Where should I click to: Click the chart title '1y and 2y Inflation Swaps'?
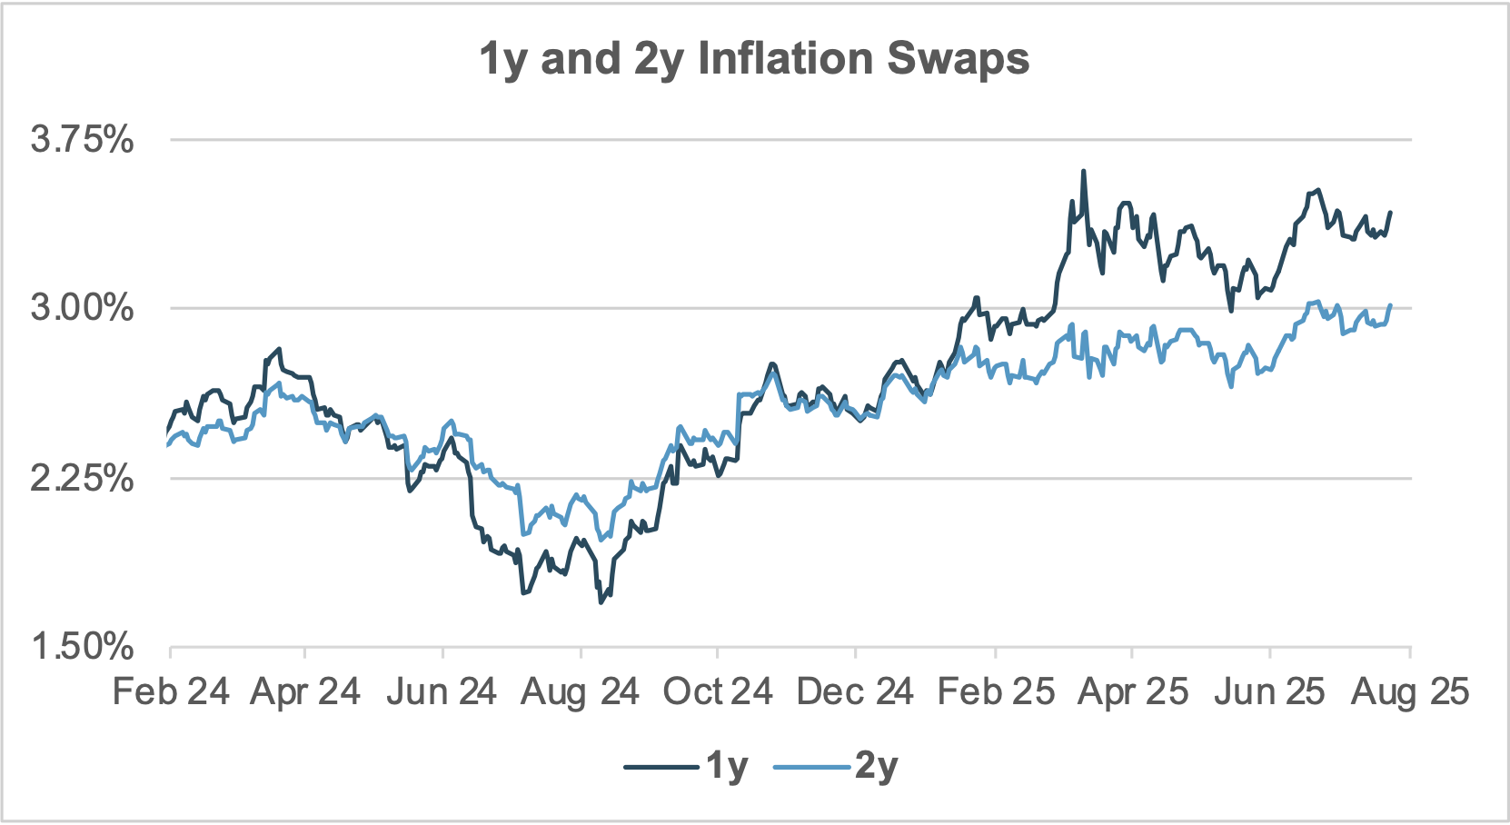tap(754, 59)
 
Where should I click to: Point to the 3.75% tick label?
tap(82, 140)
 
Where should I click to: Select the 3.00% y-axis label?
tap(82, 308)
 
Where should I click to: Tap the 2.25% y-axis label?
tap(82, 478)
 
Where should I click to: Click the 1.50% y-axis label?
tap(82, 647)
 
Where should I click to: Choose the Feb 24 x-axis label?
tap(171, 692)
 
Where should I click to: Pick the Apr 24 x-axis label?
tap(305, 692)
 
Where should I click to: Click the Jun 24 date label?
tap(442, 692)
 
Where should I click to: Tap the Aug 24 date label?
tap(580, 692)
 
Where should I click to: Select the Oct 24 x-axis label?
tap(718, 692)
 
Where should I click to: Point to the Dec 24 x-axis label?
tap(855, 692)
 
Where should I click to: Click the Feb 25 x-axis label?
tap(996, 692)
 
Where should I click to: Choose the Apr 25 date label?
tap(1133, 692)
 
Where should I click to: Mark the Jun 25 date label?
tap(1269, 692)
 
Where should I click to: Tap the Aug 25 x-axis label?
tap(1410, 692)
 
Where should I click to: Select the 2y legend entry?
tap(836, 767)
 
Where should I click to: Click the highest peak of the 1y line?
tap(1083, 172)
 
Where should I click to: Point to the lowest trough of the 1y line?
tap(601, 601)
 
